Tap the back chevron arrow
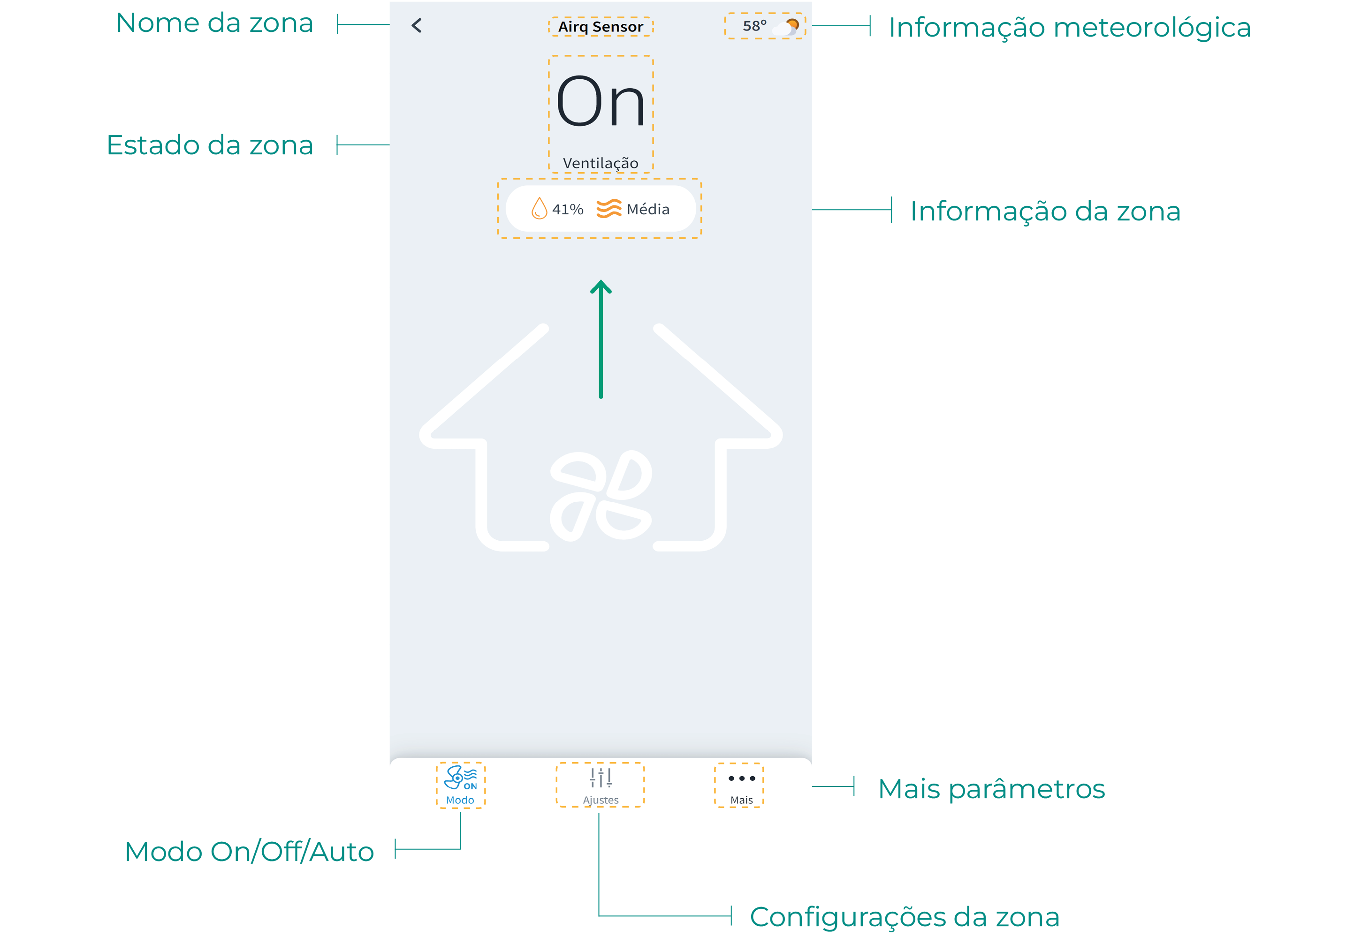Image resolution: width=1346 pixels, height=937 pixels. [416, 26]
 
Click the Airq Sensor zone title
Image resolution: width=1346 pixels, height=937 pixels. [601, 27]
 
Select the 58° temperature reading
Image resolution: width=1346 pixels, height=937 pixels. [754, 26]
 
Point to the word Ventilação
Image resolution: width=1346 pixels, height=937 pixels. [601, 163]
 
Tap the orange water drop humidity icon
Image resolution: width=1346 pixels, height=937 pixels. [539, 209]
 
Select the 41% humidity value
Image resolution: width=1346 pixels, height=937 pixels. [568, 209]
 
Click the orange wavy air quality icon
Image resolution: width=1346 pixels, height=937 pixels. [608, 209]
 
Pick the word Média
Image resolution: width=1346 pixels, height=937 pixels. [648, 209]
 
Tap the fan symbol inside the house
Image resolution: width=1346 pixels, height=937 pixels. [601, 496]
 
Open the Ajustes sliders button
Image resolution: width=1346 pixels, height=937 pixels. [601, 785]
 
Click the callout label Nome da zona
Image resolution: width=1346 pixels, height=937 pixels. [214, 23]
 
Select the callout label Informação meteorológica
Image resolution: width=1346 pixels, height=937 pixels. [1069, 28]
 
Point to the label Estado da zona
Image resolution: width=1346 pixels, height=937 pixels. [210, 145]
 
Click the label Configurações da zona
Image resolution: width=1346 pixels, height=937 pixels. [904, 917]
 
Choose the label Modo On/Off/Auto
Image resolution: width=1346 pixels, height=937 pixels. [249, 852]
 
